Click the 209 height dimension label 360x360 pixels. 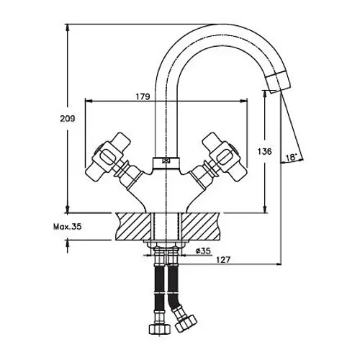tap(68, 119)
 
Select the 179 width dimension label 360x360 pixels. tap(143, 96)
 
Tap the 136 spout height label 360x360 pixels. tap(265, 151)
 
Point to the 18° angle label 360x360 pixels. tap(292, 157)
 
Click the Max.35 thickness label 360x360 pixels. tap(68, 226)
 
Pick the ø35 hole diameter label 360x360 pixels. tap(203, 251)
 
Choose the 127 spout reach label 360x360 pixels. tap(223, 259)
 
